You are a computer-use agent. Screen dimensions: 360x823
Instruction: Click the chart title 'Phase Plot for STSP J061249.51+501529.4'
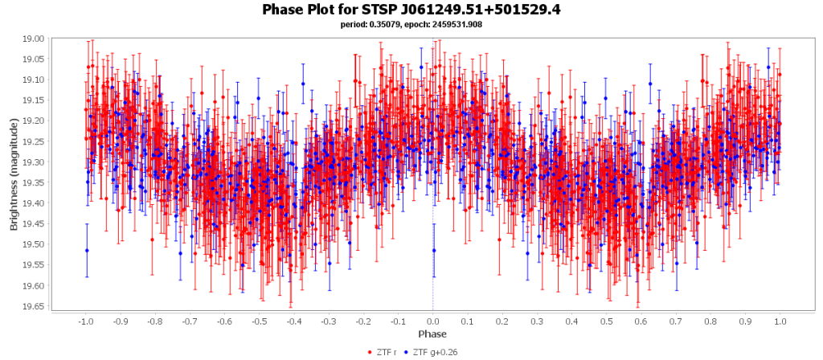(411, 10)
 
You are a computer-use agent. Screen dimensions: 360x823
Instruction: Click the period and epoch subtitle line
(411, 24)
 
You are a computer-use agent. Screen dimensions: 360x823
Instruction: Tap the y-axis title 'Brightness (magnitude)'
(14, 173)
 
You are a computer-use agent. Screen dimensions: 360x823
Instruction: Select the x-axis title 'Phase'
(432, 333)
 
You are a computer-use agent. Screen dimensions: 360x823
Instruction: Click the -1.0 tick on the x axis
(85, 321)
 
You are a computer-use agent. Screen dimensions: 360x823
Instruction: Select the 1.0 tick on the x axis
(780, 321)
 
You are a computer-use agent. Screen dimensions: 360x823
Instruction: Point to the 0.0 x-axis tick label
(432, 321)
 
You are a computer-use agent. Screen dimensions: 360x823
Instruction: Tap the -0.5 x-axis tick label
(259, 321)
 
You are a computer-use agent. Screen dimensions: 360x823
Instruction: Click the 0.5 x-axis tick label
(606, 321)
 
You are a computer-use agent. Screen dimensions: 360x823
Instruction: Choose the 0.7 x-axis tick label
(676, 321)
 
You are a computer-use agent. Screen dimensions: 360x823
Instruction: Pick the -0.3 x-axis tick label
(328, 321)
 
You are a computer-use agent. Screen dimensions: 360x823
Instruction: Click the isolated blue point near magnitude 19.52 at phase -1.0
(87, 251)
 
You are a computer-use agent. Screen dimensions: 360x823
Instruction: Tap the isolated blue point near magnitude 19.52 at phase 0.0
(434, 251)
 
